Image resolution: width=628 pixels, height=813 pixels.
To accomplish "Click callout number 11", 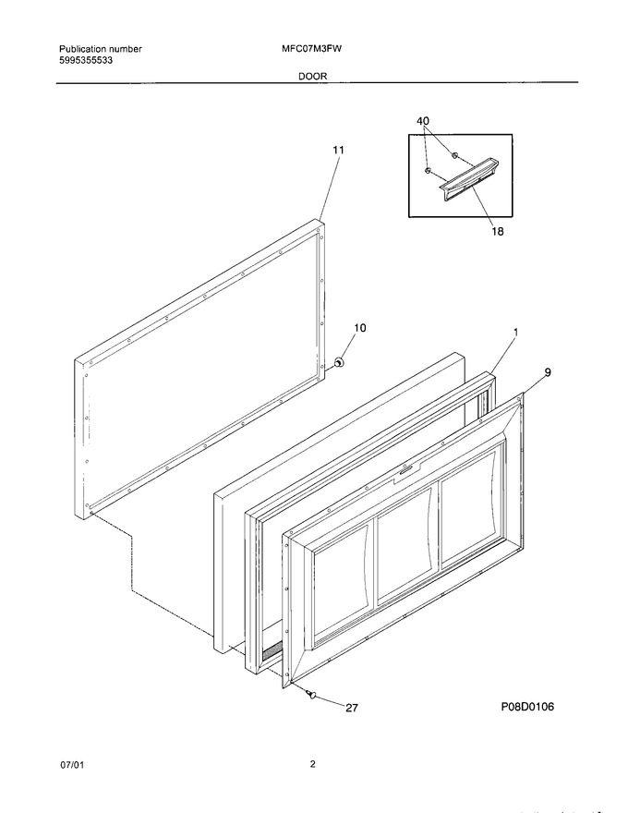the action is point(338,150).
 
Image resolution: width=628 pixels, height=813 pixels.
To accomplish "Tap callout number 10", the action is point(359,328).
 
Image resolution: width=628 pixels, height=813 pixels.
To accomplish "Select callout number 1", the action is point(515,332).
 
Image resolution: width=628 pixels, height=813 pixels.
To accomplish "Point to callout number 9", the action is point(548,371).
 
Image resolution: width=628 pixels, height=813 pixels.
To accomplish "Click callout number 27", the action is point(351,708).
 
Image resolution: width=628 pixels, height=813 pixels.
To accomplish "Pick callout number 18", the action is point(498,231).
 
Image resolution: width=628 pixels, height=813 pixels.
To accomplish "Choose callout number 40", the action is point(423,121).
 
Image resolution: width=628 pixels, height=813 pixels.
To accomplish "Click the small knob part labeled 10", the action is point(339,362).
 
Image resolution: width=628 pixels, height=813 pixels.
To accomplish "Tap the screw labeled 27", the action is point(311,694).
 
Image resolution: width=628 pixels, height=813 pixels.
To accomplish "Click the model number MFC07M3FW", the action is point(311,49).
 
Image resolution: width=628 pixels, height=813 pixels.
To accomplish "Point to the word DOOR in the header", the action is point(312,76).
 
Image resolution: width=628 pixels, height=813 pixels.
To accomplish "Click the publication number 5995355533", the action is point(86,60).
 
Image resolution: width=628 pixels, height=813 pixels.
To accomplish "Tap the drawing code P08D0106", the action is point(527,706).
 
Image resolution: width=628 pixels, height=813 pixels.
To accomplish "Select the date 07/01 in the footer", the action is point(71,765).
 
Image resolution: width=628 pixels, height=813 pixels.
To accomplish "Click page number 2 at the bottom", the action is point(312,764).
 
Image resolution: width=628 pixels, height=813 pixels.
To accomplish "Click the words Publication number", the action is point(100,49).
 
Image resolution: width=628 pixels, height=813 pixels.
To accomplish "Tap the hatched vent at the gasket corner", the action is point(272,650).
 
